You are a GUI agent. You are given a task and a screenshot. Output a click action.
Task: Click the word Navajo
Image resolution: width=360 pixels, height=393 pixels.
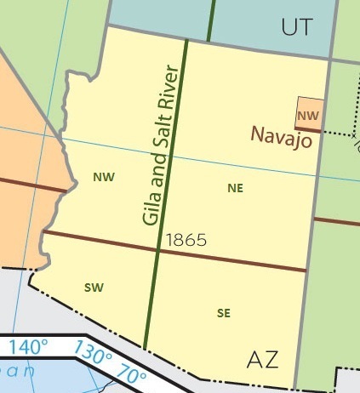click(281, 134)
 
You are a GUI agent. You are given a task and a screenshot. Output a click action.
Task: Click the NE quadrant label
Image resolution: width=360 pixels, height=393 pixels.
click(236, 188)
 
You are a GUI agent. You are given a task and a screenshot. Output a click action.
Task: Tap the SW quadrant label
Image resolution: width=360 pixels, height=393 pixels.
click(94, 288)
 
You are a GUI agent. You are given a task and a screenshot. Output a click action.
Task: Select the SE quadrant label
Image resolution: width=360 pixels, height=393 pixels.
click(224, 313)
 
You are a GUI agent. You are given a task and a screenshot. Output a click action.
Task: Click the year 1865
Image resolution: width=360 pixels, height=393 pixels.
click(187, 240)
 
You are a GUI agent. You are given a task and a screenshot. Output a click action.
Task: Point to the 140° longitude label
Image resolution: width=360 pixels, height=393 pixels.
click(29, 347)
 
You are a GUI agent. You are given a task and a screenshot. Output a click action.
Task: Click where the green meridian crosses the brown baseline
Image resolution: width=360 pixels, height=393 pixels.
click(159, 250)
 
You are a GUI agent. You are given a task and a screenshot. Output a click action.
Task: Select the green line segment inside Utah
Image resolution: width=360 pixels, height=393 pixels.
click(210, 20)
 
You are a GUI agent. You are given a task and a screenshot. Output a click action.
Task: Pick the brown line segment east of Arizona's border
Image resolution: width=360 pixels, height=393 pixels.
click(336, 221)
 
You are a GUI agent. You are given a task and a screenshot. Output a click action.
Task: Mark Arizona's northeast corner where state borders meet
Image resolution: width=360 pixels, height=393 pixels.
click(329, 60)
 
